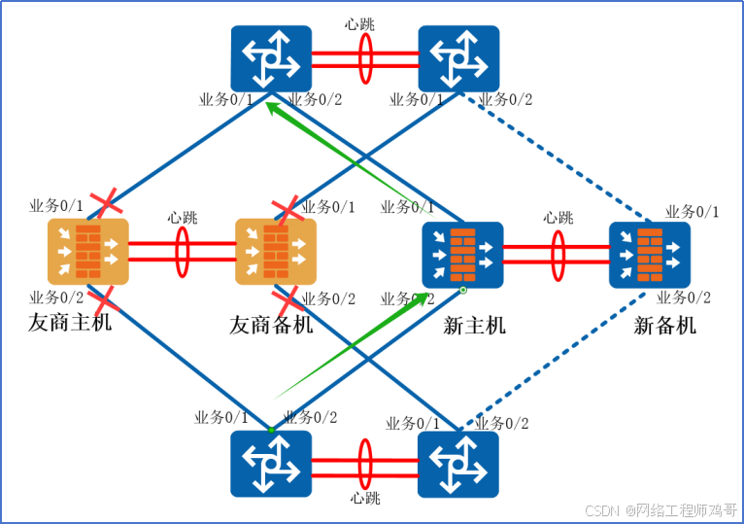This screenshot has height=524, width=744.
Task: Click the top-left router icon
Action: pyautogui.click(x=271, y=58)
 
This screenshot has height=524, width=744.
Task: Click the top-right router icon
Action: pyautogui.click(x=458, y=58)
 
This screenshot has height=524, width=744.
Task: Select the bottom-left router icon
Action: pyautogui.click(x=271, y=464)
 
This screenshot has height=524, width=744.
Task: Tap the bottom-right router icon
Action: pyautogui.click(x=458, y=464)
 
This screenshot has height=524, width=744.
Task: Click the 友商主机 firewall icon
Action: pyautogui.click(x=87, y=252)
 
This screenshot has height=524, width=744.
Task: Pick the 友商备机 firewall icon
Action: pyautogui.click(x=276, y=252)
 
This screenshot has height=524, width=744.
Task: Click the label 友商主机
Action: pyautogui.click(x=70, y=322)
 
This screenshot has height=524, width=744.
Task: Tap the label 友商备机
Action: pyautogui.click(x=271, y=325)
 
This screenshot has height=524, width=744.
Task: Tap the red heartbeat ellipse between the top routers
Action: pyautogui.click(x=365, y=58)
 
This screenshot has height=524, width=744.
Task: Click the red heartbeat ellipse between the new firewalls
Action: pyautogui.click(x=558, y=255)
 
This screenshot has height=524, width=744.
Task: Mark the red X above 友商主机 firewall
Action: pyautogui.click(x=105, y=205)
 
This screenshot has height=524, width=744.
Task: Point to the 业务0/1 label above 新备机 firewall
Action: pyautogui.click(x=692, y=212)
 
